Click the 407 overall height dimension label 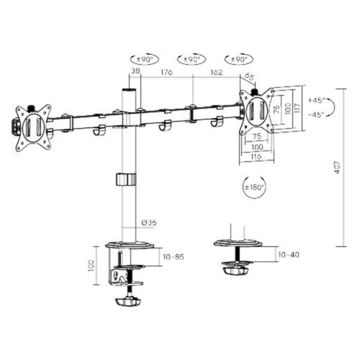[338, 167]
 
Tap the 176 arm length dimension [166, 72]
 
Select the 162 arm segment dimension [216, 72]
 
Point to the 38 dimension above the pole [135, 71]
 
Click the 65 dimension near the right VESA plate [249, 77]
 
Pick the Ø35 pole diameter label [149, 222]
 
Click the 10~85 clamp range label [174, 257]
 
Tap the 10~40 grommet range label [289, 254]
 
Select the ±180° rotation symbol [254, 187]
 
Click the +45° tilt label [317, 100]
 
